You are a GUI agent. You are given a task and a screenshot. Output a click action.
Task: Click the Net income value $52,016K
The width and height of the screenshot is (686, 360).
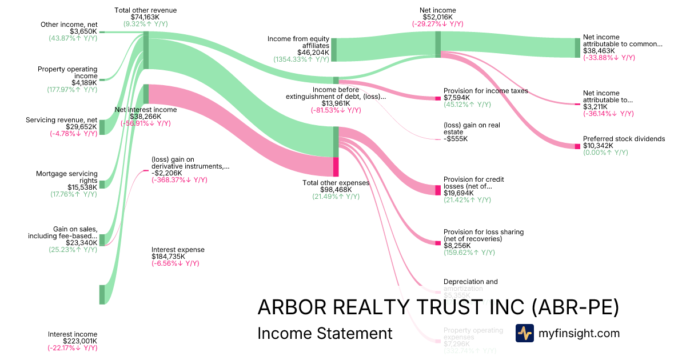(437, 17)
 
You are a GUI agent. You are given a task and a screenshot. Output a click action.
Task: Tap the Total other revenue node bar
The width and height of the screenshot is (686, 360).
(146, 50)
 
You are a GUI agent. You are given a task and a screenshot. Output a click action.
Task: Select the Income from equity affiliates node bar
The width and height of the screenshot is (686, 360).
(334, 50)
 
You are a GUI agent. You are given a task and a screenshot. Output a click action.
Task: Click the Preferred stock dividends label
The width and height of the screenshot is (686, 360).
(624, 139)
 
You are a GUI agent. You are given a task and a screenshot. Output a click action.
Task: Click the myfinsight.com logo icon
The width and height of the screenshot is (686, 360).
(524, 333)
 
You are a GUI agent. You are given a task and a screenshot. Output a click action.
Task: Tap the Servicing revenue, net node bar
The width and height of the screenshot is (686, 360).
(102, 127)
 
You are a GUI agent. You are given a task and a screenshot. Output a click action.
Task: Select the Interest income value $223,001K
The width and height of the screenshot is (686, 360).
(73, 341)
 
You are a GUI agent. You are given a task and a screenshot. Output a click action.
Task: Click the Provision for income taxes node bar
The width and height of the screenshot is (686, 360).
(438, 98)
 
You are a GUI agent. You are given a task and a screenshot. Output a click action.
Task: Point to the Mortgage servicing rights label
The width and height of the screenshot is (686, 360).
(67, 177)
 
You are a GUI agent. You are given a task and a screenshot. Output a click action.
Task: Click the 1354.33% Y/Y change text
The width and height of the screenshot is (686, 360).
(300, 59)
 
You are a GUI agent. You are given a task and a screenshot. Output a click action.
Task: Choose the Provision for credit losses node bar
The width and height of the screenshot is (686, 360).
(438, 190)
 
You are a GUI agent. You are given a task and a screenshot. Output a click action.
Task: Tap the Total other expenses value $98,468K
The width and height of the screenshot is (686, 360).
(336, 190)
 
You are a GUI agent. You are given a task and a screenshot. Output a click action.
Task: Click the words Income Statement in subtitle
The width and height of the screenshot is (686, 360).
(325, 333)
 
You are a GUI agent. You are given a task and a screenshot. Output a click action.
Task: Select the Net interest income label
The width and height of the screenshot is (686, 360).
(146, 110)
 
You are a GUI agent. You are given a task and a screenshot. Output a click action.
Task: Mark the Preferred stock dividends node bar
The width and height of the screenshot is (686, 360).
(577, 146)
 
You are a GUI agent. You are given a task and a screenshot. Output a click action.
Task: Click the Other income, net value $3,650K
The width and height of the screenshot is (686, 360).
(83, 31)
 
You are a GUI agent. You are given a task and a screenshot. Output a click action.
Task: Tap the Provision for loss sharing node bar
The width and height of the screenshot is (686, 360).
(438, 243)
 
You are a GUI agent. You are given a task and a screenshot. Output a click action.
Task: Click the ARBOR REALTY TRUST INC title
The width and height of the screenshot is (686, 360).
(438, 307)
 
